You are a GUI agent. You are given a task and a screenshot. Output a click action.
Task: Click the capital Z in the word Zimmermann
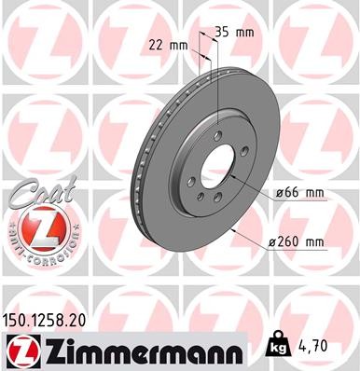pyautogui.click(x=54, y=350)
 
